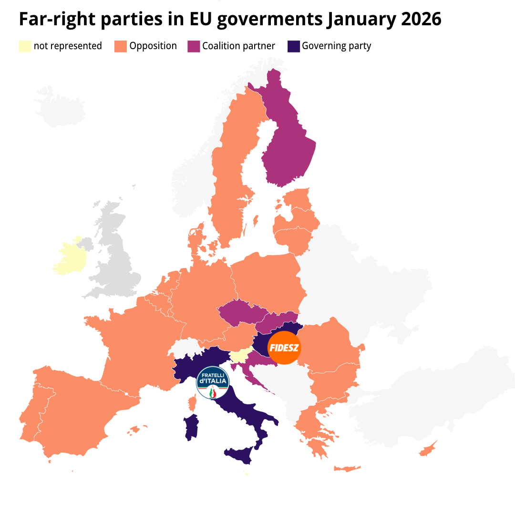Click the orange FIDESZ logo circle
click(x=284, y=348)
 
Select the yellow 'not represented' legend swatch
click(x=25, y=46)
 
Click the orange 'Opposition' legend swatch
click(x=121, y=46)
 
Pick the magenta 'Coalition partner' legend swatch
click(x=194, y=46)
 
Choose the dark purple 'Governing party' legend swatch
click(x=294, y=46)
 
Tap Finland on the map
click(x=288, y=138)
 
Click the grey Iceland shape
click(x=60, y=107)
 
